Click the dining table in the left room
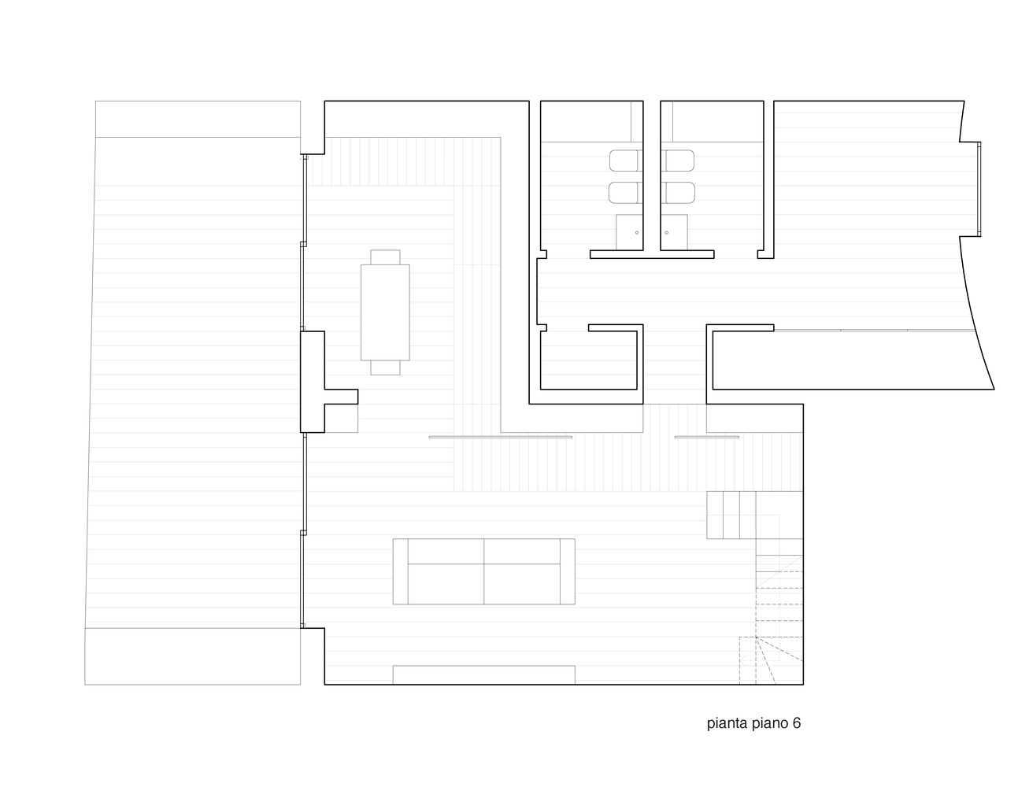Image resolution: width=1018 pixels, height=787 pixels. click(385, 312)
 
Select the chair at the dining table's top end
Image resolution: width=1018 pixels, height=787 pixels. click(385, 257)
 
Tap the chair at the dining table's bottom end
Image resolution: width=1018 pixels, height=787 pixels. click(385, 367)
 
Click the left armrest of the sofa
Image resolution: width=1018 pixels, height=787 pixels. click(400, 571)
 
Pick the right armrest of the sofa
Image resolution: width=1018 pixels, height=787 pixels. click(567, 571)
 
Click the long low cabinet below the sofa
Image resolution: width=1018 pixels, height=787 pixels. click(483, 674)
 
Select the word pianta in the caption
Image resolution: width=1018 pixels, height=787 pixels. click(727, 723)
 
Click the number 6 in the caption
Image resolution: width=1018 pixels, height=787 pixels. click(796, 723)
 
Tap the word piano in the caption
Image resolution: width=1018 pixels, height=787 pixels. click(770, 723)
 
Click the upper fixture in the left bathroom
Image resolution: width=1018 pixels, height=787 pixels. click(626, 161)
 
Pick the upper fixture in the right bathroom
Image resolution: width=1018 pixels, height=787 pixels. click(678, 161)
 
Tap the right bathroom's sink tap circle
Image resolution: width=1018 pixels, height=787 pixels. click(667, 232)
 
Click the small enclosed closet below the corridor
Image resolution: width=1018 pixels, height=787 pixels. click(588, 360)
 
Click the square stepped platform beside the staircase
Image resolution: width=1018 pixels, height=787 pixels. click(731, 515)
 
